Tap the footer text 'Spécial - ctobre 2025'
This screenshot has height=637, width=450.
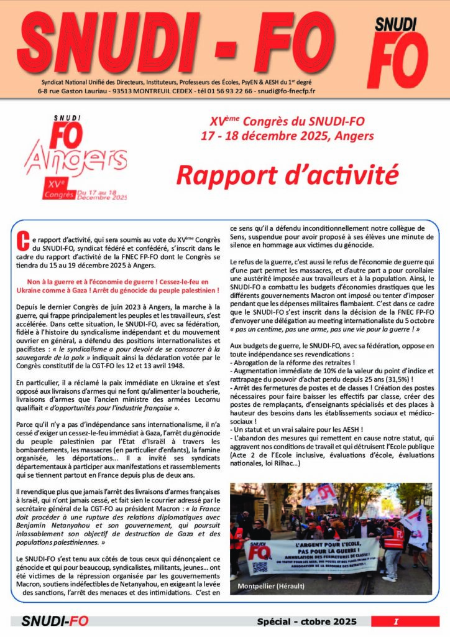tap(307, 621)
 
